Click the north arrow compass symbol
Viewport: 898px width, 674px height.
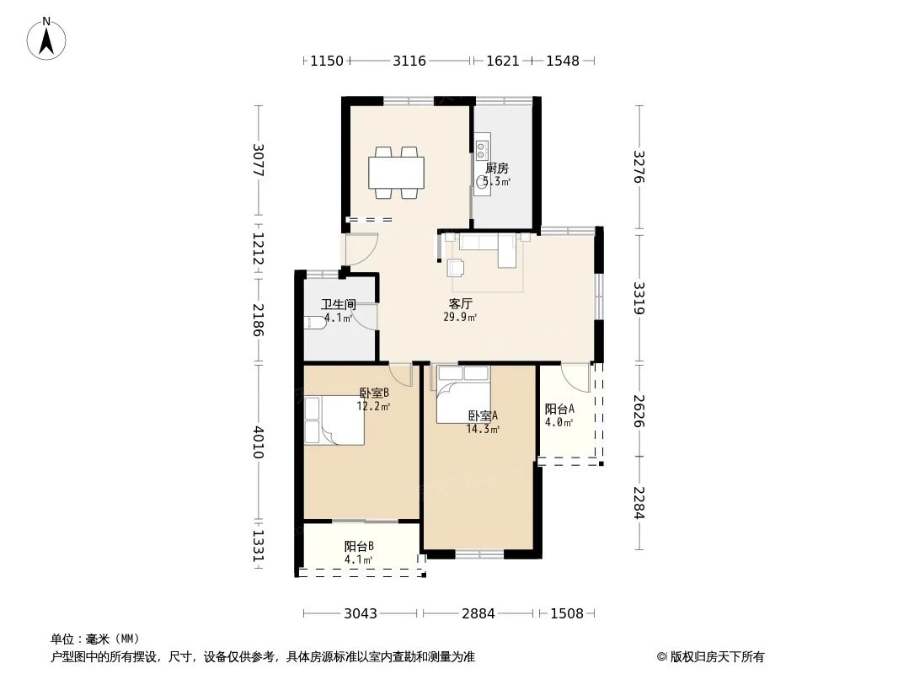click(47, 38)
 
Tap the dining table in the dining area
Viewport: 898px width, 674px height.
click(396, 174)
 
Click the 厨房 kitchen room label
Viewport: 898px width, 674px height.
click(497, 168)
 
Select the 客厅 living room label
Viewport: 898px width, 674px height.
click(460, 303)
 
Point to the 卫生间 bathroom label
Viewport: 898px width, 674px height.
click(338, 305)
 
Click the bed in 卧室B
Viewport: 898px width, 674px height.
click(334, 420)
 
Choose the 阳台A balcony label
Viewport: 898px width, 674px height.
click(559, 409)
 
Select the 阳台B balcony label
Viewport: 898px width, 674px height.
click(359, 546)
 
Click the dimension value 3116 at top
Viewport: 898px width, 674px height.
click(409, 61)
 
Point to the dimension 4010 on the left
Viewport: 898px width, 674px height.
click(259, 442)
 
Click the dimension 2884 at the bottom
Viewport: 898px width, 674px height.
click(478, 613)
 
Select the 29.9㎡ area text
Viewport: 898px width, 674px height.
click(460, 318)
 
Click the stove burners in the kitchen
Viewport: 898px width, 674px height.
click(482, 152)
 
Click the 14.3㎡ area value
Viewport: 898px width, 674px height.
click(483, 429)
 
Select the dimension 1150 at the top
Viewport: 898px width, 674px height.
click(327, 61)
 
